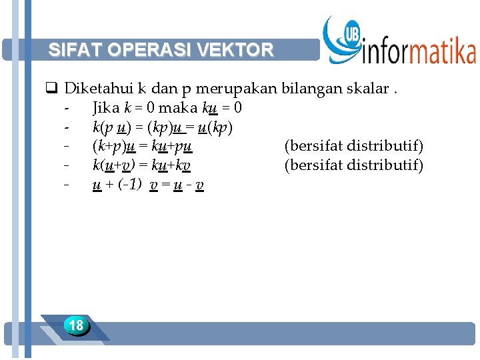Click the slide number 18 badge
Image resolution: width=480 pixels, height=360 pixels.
(76, 325)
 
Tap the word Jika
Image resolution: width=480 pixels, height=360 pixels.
(106, 107)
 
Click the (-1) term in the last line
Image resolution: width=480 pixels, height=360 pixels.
(130, 185)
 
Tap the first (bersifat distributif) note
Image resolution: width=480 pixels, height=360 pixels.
(353, 145)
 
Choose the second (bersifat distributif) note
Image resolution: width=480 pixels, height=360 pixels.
(353, 165)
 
